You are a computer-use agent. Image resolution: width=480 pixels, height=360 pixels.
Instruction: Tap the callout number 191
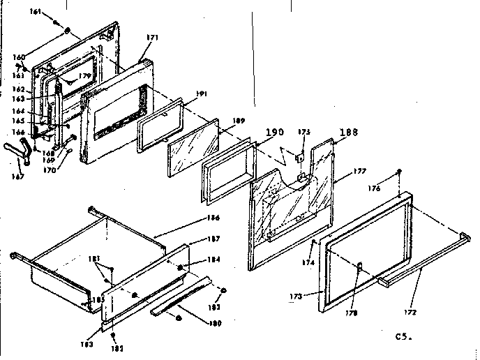pyautogui.click(x=201, y=93)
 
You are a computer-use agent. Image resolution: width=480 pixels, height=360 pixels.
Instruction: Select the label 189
pyautogui.click(x=239, y=121)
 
